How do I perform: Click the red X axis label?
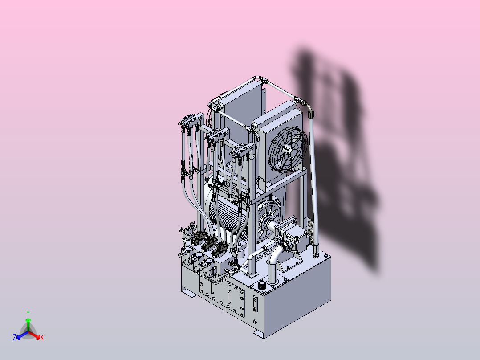click(42, 337)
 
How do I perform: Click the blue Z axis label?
click(15, 337)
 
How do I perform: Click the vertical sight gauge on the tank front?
click(254, 304)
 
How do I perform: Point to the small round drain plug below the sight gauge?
click(255, 321)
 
